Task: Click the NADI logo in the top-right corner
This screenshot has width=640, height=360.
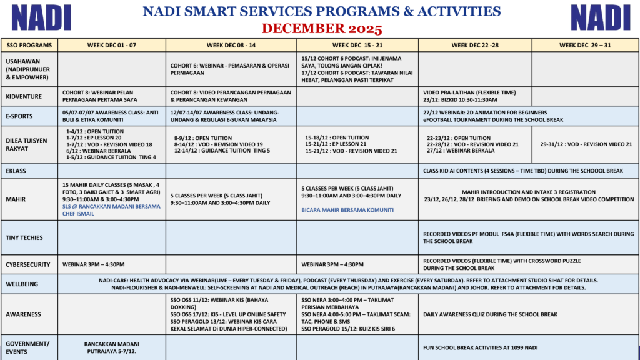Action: point(600,18)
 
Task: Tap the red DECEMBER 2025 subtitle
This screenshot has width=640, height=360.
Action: point(322,29)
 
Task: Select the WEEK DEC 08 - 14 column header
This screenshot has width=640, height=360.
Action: point(231,45)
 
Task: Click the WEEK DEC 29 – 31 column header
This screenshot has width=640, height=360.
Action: point(584,45)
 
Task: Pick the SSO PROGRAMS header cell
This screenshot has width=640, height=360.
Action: point(29,45)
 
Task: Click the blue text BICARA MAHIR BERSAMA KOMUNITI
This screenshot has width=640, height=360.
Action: point(347,210)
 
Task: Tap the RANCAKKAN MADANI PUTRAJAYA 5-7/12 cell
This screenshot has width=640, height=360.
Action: point(112,347)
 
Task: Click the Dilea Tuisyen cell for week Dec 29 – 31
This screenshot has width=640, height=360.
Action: point(586,144)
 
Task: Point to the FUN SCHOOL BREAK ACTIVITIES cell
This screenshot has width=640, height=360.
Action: point(480,347)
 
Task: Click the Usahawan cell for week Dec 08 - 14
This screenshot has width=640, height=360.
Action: point(231,69)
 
